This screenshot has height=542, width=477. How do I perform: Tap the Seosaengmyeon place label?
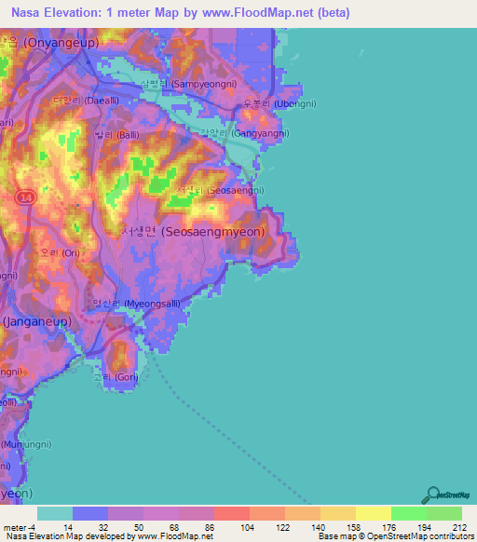pyautogui.click(x=196, y=232)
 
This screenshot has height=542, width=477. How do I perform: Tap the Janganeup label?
pyautogui.click(x=34, y=320)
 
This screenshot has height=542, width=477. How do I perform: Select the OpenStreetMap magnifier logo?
pyautogui.click(x=432, y=495)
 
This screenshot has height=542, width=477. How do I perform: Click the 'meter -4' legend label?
pyautogui.click(x=19, y=527)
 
